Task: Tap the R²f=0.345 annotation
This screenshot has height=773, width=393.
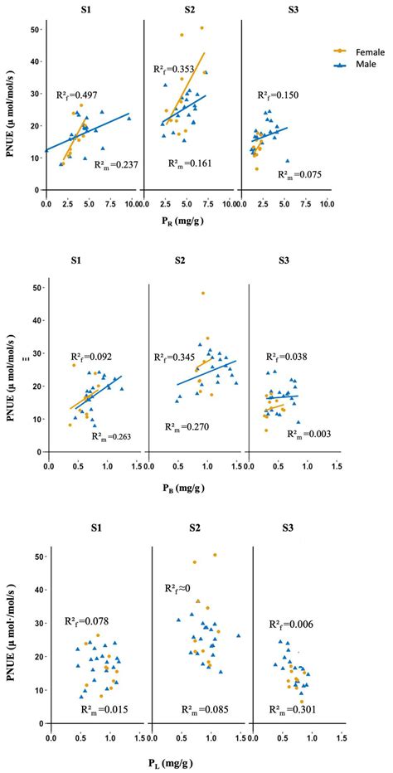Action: coord(176,357)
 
